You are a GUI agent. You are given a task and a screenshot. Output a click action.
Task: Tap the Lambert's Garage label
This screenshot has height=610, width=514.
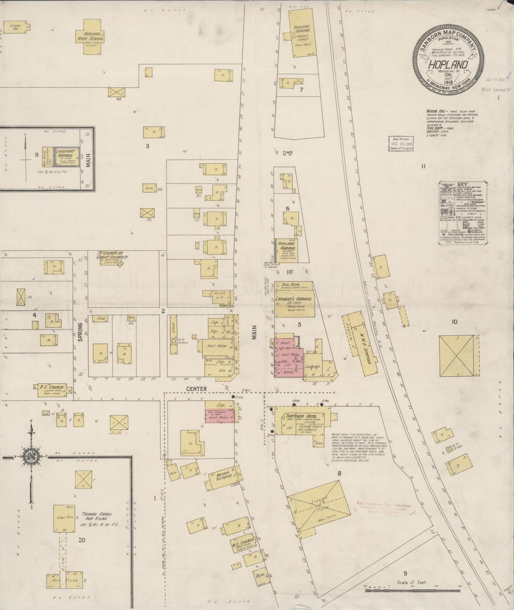(293, 299)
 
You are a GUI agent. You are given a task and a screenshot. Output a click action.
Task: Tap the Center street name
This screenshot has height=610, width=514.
(196, 389)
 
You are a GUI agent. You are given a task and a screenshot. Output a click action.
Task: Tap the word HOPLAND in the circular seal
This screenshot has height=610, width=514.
(447, 65)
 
